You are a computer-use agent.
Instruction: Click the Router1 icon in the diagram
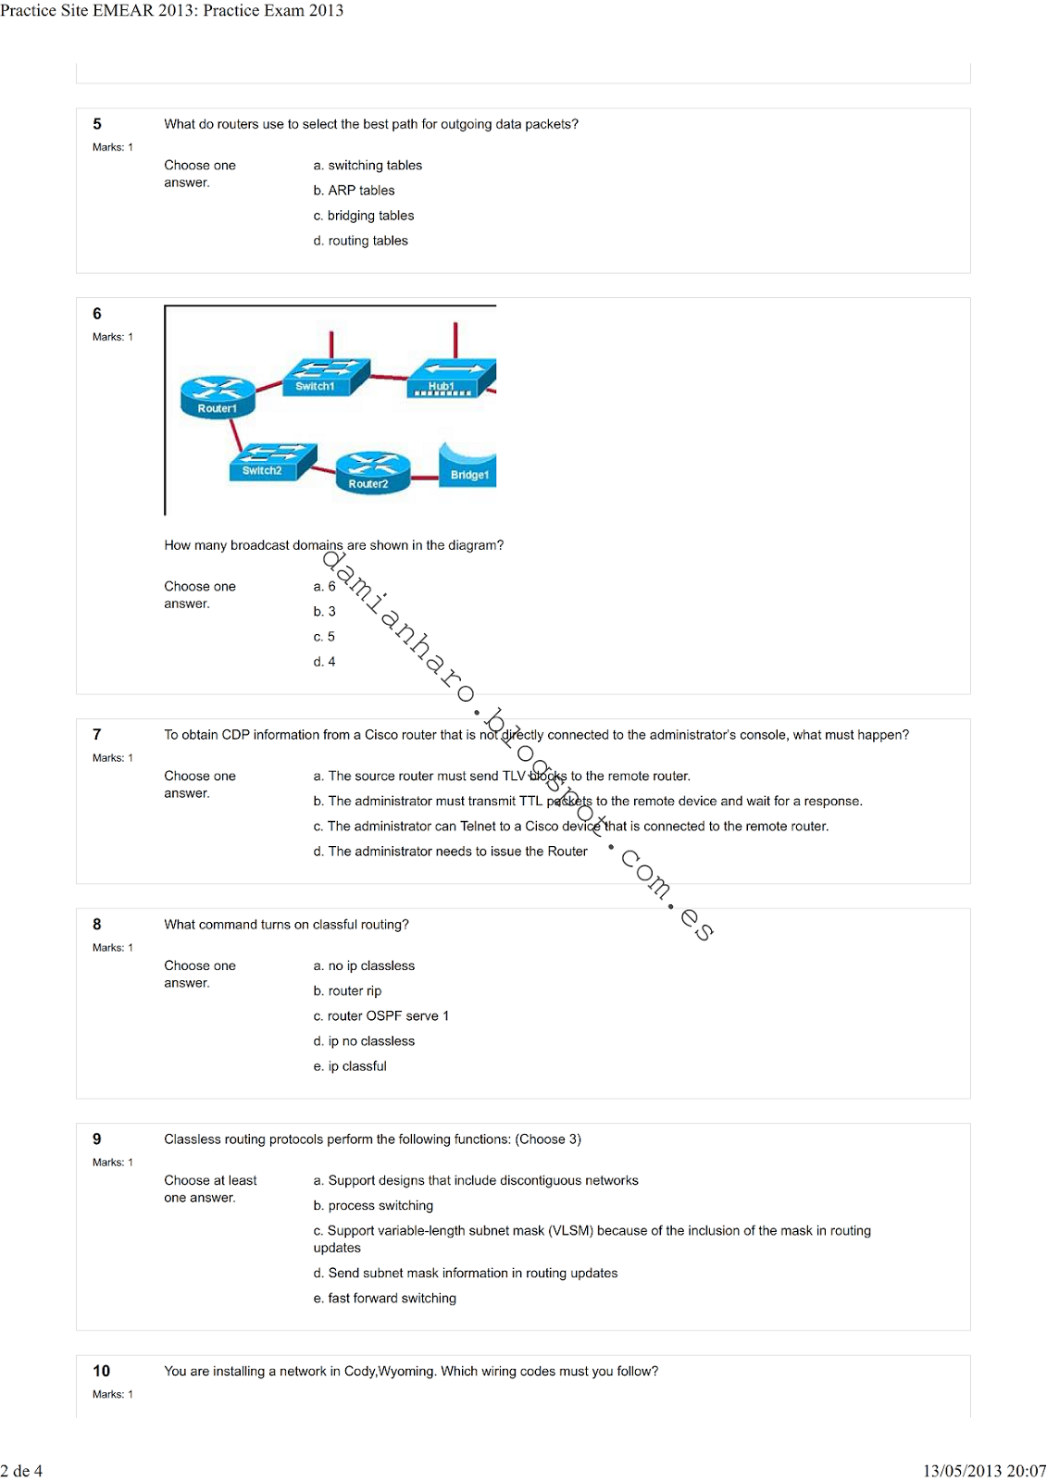[x=218, y=395]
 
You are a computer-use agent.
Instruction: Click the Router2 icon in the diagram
[x=372, y=472]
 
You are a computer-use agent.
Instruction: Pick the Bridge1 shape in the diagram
[x=468, y=465]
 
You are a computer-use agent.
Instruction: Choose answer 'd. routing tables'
[x=361, y=241]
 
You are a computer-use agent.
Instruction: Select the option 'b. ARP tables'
[x=355, y=191]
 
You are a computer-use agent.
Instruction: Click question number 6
[x=97, y=314]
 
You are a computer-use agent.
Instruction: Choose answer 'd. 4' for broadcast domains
[x=325, y=662]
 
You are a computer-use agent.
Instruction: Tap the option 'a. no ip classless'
[x=365, y=966]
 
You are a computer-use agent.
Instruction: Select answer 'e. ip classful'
[x=351, y=1066]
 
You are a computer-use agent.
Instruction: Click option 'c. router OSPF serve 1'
[x=381, y=1016]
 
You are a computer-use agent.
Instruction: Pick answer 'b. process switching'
[x=374, y=1206]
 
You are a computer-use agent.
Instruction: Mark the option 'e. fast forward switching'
[x=385, y=1299]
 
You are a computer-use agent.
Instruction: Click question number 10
[x=101, y=1371]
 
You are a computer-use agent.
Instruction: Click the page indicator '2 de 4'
[x=21, y=1471]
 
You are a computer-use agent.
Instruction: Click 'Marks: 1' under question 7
[x=113, y=758]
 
